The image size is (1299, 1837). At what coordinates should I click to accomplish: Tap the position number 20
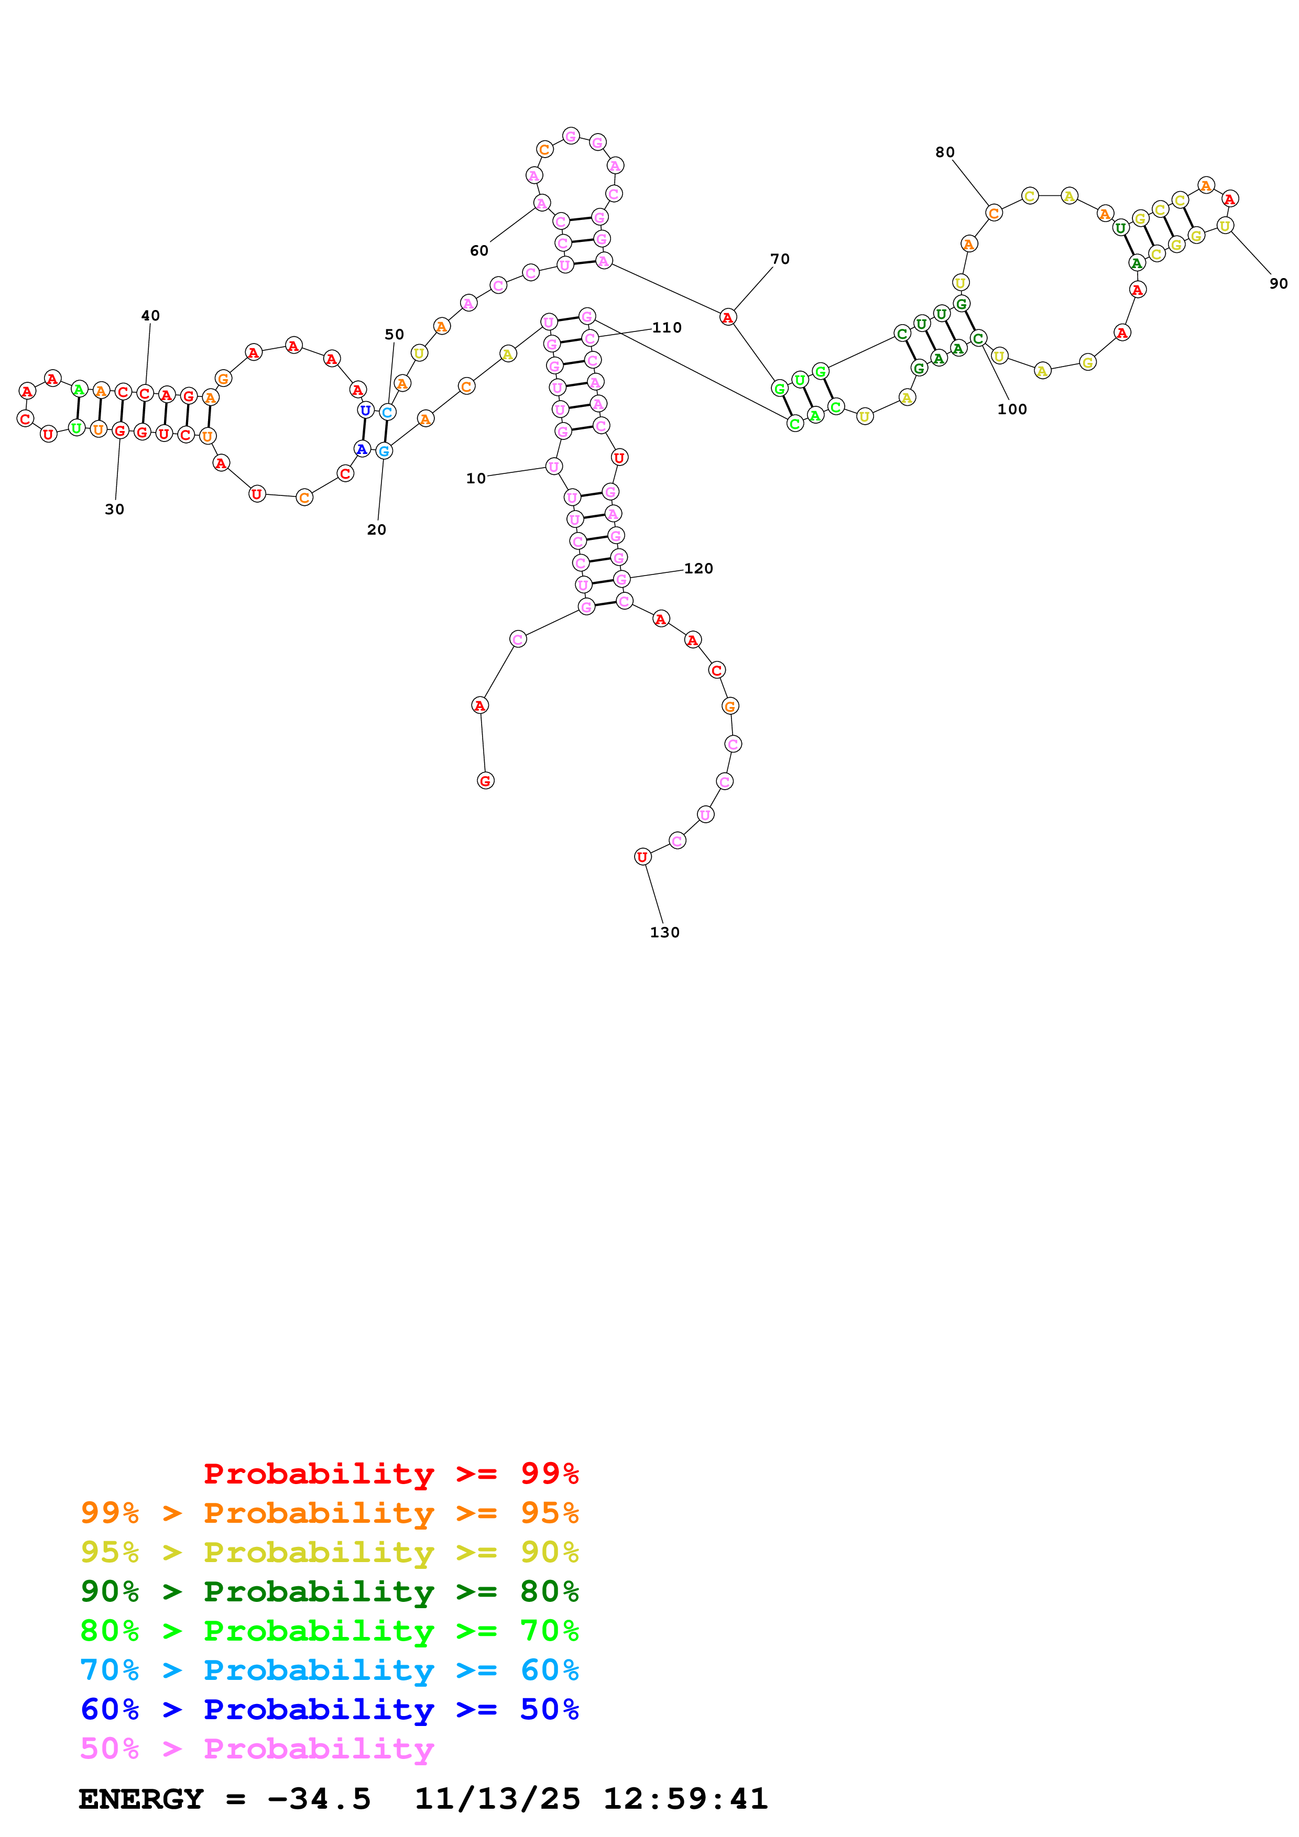coord(376,529)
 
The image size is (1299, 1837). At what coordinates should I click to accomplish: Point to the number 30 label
coord(114,509)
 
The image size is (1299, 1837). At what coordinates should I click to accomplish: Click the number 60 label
coord(478,250)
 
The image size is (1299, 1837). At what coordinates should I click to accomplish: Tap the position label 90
coord(1278,283)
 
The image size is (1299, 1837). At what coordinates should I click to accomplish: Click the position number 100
coord(1012,409)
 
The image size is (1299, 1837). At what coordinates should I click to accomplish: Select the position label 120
coord(698,568)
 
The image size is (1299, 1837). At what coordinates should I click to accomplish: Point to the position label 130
coord(664,932)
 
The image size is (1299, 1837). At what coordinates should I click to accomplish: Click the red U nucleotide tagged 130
coord(642,857)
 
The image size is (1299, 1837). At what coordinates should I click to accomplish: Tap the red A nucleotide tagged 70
coord(727,318)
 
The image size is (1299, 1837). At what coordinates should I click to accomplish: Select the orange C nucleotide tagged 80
coord(994,213)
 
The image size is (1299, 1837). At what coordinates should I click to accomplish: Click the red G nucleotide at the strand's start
coord(485,781)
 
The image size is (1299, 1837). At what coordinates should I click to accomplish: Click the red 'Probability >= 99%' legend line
coord(390,1474)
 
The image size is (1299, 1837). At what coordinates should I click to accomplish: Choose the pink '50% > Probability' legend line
coord(257,1749)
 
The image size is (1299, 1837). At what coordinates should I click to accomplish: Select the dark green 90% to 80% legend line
coord(329,1591)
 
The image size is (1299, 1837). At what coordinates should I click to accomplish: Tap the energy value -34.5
coord(319,1799)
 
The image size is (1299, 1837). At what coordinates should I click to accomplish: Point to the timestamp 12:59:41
coord(685,1799)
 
